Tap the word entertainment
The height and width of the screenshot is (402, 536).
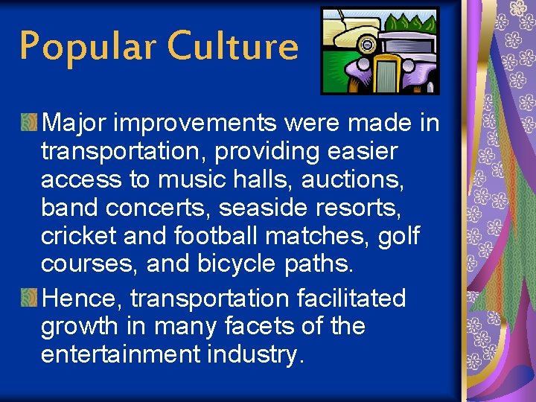[120, 354]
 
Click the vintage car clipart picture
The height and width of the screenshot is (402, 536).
[380, 51]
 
